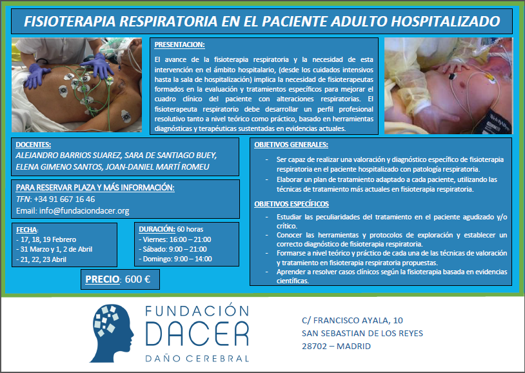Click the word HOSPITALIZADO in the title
coord(445,21)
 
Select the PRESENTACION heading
coord(179,45)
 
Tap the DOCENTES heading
coord(33,145)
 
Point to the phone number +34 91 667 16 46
coord(64,199)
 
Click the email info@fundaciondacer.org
coord(84,211)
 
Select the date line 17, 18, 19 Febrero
coord(46,239)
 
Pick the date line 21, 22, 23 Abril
coord(41,259)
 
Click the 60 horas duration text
coord(190,229)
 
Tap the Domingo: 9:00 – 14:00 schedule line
coord(175,259)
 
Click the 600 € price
coord(137,279)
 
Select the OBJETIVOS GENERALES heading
coord(291,145)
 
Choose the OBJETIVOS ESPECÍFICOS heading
coord(292,204)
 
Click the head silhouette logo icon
coord(112,334)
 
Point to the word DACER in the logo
coord(197,334)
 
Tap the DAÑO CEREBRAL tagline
coord(197,359)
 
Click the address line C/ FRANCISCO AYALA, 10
coord(352,320)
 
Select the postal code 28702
coord(314,346)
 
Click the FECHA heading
coord(27,230)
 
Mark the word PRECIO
coord(103,279)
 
